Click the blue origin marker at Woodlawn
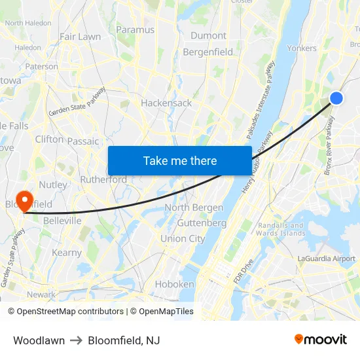click(336, 98)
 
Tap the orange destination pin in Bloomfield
click(25, 200)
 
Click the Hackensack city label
click(166, 103)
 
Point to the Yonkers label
click(302, 48)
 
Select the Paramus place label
click(135, 29)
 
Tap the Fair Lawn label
click(80, 37)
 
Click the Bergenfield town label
click(207, 52)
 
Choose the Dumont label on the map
click(208, 35)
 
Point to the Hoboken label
click(174, 284)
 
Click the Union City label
click(183, 239)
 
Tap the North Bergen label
click(194, 207)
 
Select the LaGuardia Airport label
click(326, 259)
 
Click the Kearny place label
click(67, 253)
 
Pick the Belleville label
click(62, 221)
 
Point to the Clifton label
click(50, 139)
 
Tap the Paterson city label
click(42, 66)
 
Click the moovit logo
click(320, 339)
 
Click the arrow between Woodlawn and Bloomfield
click(76, 340)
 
